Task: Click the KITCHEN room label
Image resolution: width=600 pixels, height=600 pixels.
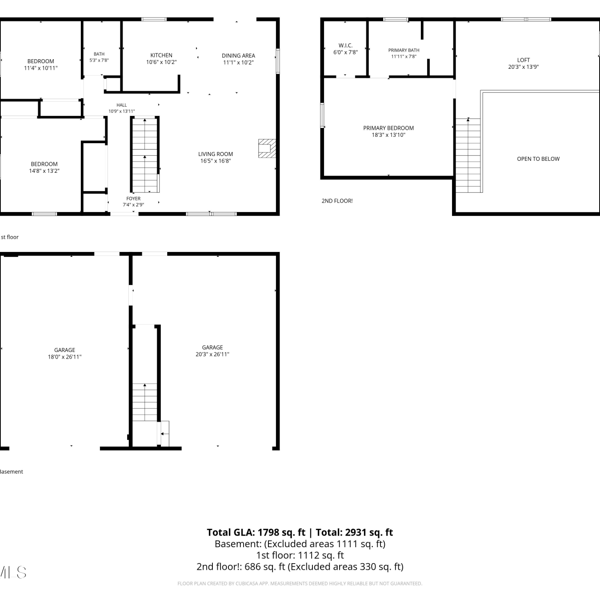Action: pos(161,55)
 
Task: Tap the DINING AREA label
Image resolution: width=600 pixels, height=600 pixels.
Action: pos(238,56)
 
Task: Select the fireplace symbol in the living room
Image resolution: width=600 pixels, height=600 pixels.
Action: pos(267,148)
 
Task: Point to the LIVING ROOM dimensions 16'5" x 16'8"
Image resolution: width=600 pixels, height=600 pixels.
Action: pos(216,161)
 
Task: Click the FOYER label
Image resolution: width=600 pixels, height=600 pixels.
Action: pos(133,198)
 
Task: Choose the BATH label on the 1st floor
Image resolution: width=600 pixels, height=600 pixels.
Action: pos(99,54)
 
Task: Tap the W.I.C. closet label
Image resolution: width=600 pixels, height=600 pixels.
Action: pos(346,46)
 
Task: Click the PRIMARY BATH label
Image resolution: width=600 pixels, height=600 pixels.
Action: pos(404,50)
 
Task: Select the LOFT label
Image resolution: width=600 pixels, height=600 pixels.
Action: pos(523,60)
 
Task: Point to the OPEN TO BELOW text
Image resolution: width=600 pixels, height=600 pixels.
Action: pos(538,159)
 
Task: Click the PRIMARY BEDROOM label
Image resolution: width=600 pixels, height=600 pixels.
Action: pos(388,128)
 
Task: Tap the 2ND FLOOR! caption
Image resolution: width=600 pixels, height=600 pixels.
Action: pos(337,201)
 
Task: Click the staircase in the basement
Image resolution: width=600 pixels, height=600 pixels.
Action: pos(145,402)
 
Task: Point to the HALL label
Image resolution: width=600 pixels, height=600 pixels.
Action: pos(122,105)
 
